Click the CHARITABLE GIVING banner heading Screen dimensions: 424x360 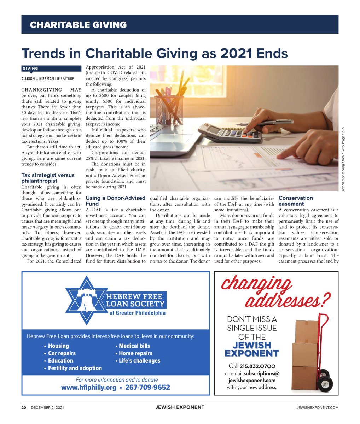(78, 25)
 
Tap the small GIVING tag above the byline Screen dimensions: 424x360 (30, 69)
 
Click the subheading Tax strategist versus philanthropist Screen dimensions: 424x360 (48, 178)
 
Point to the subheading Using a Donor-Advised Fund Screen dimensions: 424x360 (115, 201)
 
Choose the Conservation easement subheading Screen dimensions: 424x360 (296, 201)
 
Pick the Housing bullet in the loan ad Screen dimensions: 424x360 (58, 346)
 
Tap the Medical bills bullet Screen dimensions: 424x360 (134, 346)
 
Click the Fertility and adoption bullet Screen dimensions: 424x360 (75, 368)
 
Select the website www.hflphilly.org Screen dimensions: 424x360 (88, 388)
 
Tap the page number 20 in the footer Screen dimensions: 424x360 (24, 407)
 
